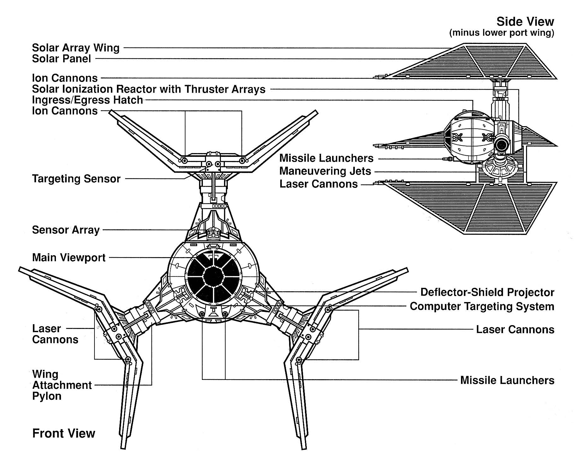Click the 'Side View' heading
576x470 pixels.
point(525,22)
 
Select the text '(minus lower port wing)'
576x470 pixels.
point(501,33)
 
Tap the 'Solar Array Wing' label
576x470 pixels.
point(76,48)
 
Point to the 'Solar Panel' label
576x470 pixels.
point(61,59)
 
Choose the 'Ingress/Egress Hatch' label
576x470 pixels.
point(88,100)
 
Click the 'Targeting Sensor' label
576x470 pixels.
point(76,179)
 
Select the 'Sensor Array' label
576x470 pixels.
point(66,230)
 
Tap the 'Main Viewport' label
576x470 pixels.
point(69,257)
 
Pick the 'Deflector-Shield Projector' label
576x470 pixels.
point(487,292)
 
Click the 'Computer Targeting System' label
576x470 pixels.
point(482,306)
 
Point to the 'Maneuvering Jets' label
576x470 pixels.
point(325,171)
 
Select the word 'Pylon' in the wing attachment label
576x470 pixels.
point(47,396)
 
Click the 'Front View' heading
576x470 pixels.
point(64,433)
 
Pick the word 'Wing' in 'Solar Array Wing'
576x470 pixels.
point(107,48)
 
